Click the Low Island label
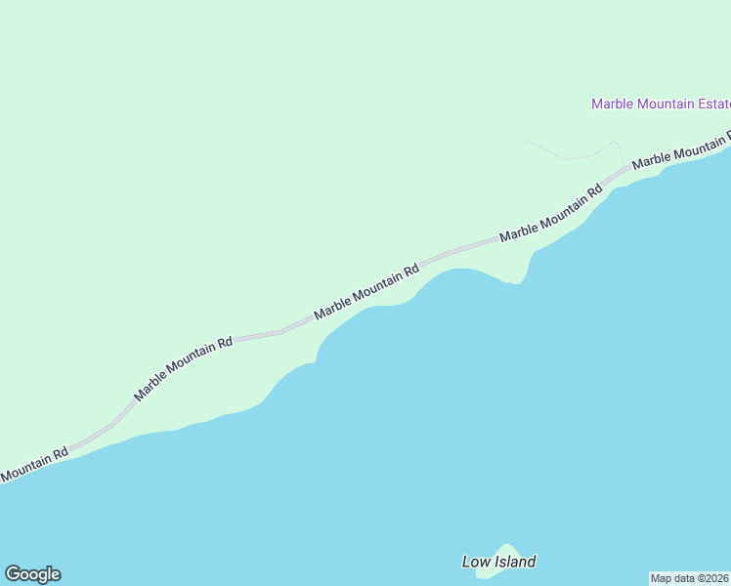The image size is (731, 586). tap(498, 562)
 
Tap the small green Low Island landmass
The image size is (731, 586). tap(505, 552)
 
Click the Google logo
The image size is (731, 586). tap(32, 574)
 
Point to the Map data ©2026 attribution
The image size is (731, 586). tap(690, 577)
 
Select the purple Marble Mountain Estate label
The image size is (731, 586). tap(661, 104)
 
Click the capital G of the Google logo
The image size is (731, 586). tap(13, 573)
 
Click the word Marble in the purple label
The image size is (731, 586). tap(613, 104)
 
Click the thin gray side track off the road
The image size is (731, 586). tap(572, 156)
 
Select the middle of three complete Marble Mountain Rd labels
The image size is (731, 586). tap(366, 291)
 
